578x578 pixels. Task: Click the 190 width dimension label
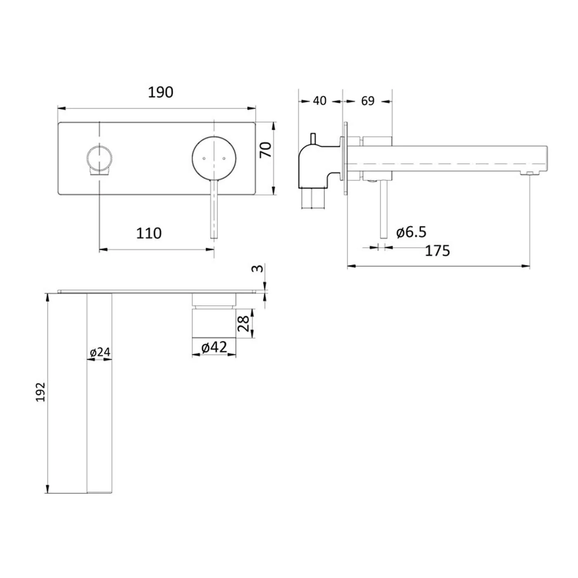(x=161, y=92)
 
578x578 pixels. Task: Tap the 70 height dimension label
(x=265, y=149)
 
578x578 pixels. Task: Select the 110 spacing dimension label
(x=149, y=233)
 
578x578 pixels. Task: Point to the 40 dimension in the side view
(x=320, y=100)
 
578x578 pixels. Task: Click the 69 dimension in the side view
(x=367, y=100)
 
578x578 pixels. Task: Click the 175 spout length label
(x=437, y=251)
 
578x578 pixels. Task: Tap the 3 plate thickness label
(x=257, y=268)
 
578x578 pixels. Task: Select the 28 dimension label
(x=244, y=323)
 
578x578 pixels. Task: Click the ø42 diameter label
(x=214, y=347)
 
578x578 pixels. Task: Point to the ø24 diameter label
(x=100, y=352)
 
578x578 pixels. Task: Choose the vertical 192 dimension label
(x=40, y=392)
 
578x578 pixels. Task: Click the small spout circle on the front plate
(x=99, y=158)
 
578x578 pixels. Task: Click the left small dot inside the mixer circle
(x=204, y=158)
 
